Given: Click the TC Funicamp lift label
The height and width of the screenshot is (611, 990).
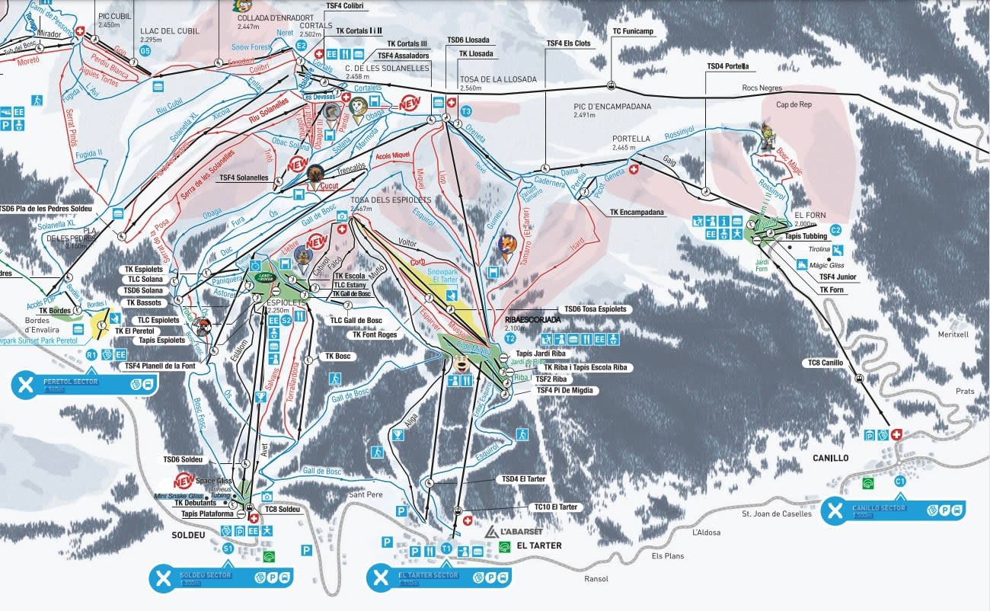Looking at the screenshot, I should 633,31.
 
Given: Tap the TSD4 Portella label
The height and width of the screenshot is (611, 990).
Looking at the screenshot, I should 727,66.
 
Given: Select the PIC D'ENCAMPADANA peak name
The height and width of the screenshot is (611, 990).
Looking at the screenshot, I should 612,107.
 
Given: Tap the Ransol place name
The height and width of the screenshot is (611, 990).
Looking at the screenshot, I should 596,579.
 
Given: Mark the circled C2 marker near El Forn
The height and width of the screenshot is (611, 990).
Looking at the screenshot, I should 835,229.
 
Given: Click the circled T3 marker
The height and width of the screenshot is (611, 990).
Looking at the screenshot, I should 467,112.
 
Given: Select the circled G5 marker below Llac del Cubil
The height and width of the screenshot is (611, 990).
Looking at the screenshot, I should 145,51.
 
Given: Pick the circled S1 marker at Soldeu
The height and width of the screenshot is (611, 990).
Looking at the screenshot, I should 228,548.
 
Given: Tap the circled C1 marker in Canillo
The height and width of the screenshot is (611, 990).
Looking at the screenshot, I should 899,481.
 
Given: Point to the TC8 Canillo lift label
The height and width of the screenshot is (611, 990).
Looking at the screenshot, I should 826,363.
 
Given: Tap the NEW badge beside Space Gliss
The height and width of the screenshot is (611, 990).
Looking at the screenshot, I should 184,481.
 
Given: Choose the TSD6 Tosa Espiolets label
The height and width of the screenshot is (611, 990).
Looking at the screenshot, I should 595,309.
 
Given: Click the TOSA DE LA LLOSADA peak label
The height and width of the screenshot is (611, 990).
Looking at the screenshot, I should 498,79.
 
